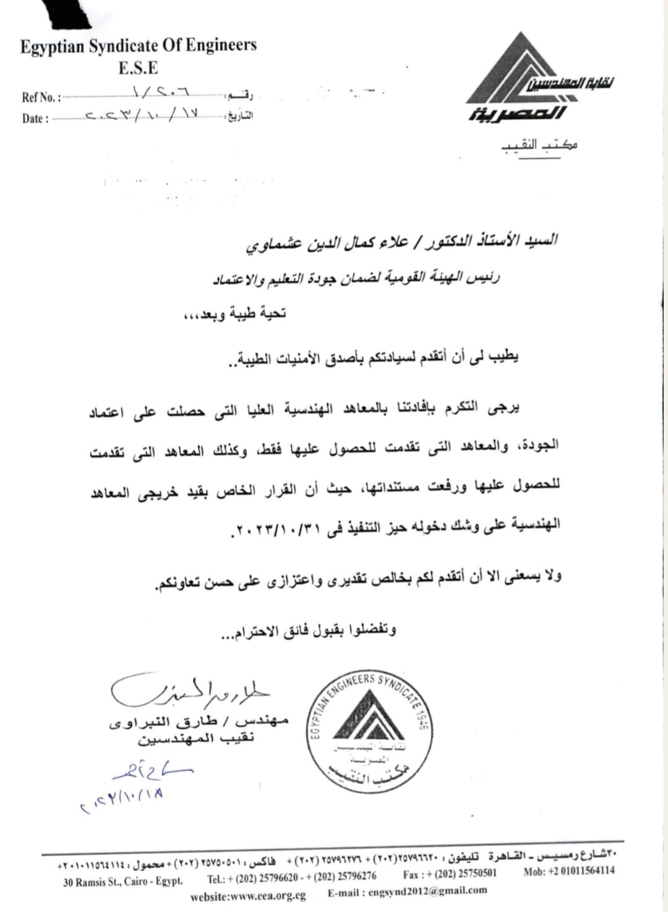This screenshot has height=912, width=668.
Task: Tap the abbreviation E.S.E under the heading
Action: tap(138, 67)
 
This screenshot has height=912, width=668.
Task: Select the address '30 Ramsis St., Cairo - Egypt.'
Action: tap(123, 881)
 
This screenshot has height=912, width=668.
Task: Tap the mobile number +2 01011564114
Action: tap(569, 871)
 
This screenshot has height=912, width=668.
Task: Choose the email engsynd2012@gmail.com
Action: tap(408, 891)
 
